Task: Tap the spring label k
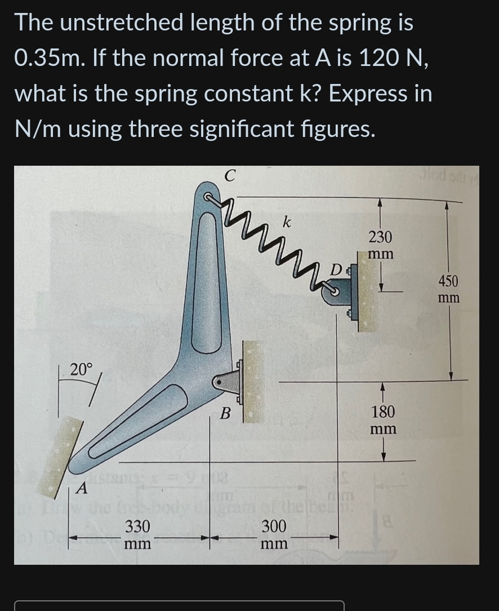(x=287, y=222)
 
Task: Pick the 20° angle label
(x=82, y=369)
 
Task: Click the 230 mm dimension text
(x=381, y=244)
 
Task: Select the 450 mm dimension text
(x=448, y=288)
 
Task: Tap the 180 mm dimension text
(x=383, y=419)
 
